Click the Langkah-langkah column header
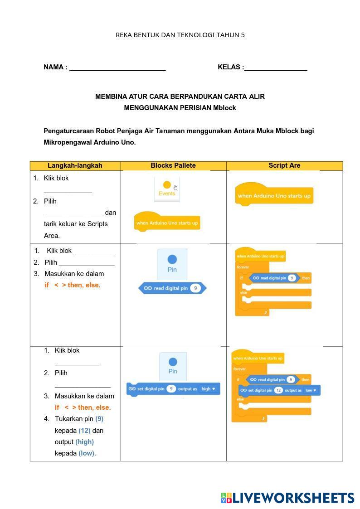[x=75, y=165]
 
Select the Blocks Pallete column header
[x=173, y=165]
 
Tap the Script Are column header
[x=284, y=165]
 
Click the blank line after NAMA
[x=117, y=68]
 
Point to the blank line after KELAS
[x=276, y=68]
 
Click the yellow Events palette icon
[x=167, y=188]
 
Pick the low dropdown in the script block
[x=311, y=390]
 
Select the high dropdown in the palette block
[x=209, y=389]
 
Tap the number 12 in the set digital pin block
[x=278, y=390]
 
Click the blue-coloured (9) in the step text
[x=99, y=419]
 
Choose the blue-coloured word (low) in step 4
[x=87, y=453]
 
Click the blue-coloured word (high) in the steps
[x=84, y=442]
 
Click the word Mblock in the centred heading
[x=224, y=108]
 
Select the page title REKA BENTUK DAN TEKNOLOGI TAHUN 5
[x=180, y=35]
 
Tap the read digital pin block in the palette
[x=172, y=288]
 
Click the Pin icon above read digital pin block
[x=172, y=263]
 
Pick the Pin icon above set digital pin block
[x=173, y=365]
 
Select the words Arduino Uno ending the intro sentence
[x=114, y=142]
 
